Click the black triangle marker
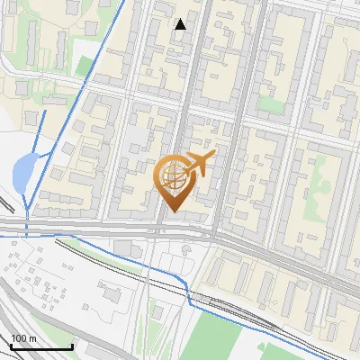pyautogui.click(x=181, y=24)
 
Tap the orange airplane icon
pyautogui.click(x=198, y=164)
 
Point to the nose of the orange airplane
pyautogui.click(x=213, y=156)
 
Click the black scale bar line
pyautogui.click(x=40, y=346)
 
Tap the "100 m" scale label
pyautogui.click(x=24, y=338)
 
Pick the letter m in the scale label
pyautogui.click(x=32, y=338)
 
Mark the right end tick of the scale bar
pyautogui.click(x=73, y=345)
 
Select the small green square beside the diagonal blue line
pyautogui.click(x=85, y=65)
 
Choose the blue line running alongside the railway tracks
pyautogui.click(x=135, y=261)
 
